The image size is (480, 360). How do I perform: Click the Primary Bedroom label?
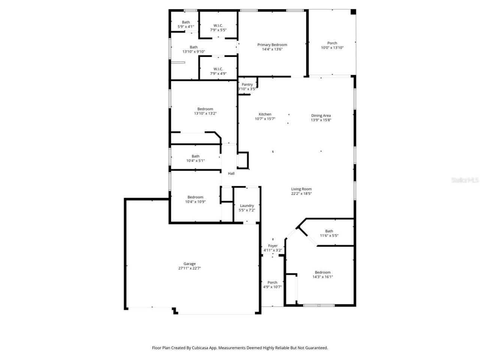tap(272, 45)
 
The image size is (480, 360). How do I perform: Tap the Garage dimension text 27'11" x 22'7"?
tap(189, 268)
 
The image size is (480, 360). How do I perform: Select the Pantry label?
tap(247, 84)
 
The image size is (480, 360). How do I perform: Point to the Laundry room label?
tap(247, 205)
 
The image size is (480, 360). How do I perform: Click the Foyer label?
tap(273, 246)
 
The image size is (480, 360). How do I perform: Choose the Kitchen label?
tap(265, 114)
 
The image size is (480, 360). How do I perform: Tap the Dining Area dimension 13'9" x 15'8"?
tap(321, 120)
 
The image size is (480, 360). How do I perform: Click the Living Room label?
tap(301, 189)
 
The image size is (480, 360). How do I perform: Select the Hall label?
tap(231, 173)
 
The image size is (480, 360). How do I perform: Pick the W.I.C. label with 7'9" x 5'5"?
tap(218, 25)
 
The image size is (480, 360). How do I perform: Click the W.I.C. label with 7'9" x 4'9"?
tap(218, 69)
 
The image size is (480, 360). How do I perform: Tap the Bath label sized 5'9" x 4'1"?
tap(186, 22)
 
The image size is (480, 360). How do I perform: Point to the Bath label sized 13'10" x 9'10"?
tap(193, 47)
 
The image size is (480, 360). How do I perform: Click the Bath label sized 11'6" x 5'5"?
tap(329, 231)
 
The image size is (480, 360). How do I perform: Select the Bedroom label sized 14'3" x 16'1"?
tap(322, 272)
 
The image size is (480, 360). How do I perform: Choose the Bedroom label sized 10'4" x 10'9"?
tap(195, 197)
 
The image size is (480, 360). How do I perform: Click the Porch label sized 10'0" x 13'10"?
tap(332, 43)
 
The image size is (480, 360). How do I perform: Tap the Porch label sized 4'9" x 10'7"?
tap(272, 282)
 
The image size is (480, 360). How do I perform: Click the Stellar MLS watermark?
tap(465, 180)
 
